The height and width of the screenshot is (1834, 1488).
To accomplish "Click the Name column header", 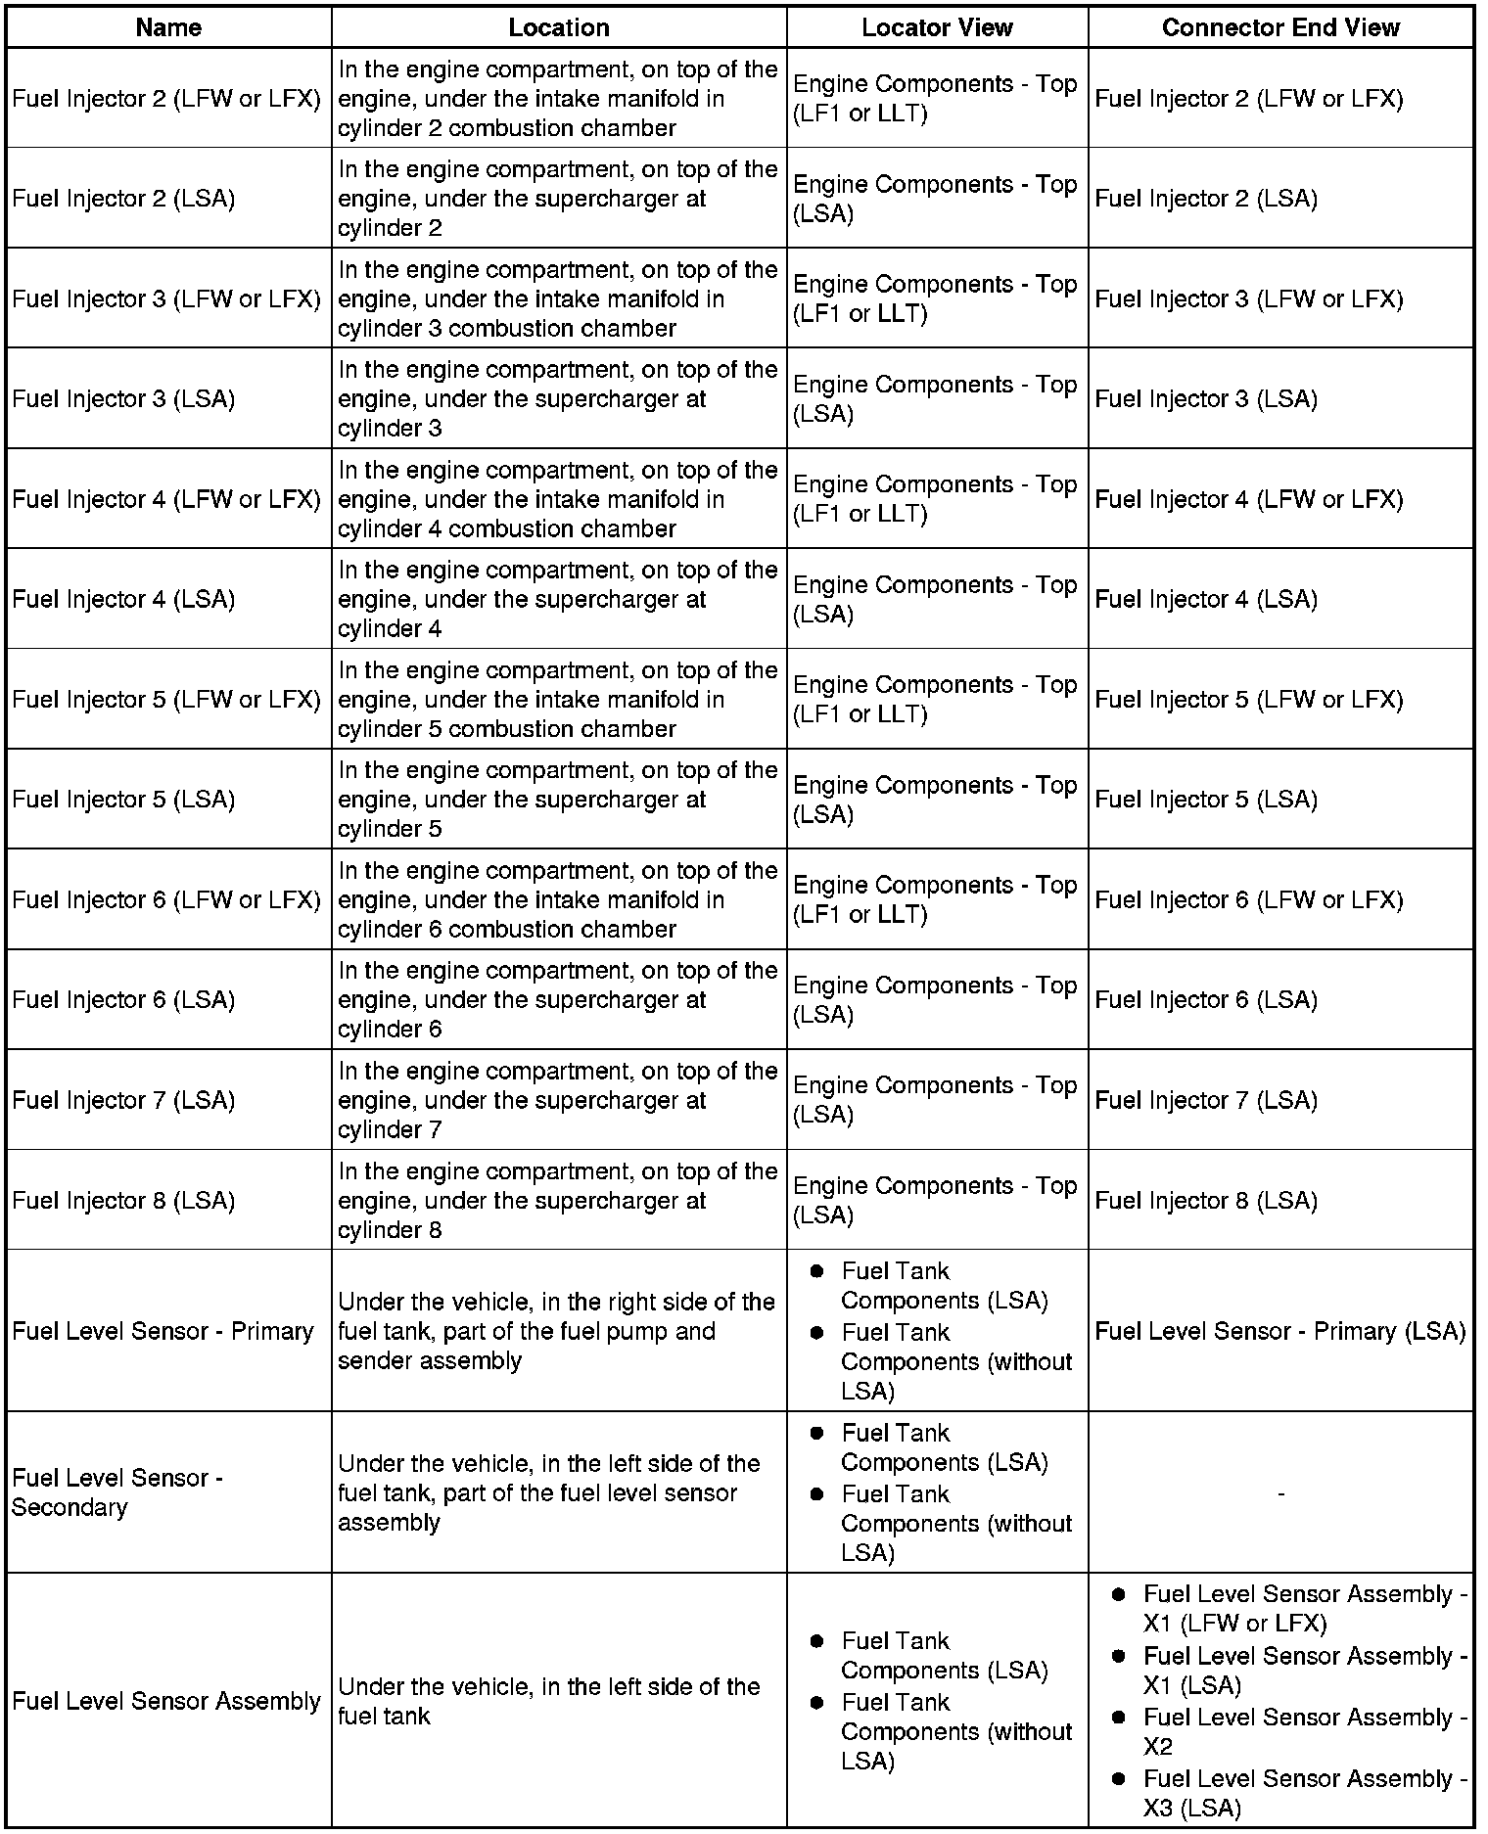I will [x=168, y=27].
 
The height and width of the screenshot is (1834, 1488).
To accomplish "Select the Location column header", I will [x=558, y=27].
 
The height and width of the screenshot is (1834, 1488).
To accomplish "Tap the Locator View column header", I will [x=937, y=27].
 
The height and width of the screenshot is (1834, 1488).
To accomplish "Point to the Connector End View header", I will [x=1280, y=27].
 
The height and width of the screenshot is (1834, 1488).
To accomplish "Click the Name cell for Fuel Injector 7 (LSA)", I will [x=123, y=1100].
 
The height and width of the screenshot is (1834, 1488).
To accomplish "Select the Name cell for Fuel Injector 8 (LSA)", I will [x=123, y=1201].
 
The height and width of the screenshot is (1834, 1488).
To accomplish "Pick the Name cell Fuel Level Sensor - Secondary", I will [x=117, y=1492].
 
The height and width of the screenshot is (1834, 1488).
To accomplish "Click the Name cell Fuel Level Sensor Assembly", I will [x=166, y=1701].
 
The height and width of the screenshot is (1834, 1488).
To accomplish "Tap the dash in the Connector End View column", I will [x=1280, y=1493].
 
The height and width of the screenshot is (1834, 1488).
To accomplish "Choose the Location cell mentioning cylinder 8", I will [x=557, y=1201].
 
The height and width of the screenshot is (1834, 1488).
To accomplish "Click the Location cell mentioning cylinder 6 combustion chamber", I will [x=557, y=899].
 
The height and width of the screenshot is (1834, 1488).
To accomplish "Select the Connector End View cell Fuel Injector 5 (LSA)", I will [x=1206, y=800].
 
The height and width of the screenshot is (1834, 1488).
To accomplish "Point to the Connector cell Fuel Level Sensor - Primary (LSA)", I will [x=1280, y=1331].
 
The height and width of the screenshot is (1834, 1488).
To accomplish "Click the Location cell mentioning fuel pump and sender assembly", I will [x=555, y=1331].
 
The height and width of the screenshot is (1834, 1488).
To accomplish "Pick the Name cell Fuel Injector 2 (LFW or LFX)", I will [x=166, y=99].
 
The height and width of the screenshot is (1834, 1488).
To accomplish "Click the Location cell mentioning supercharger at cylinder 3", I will [x=557, y=399].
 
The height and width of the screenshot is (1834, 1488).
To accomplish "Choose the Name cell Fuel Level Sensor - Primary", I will [x=163, y=1331].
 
